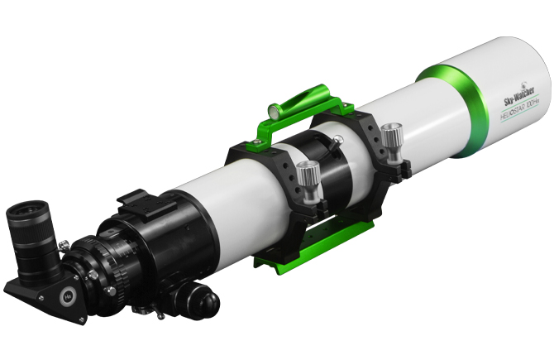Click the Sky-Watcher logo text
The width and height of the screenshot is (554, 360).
[x=518, y=97]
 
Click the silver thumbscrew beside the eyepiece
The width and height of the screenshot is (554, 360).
[x=63, y=244]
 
